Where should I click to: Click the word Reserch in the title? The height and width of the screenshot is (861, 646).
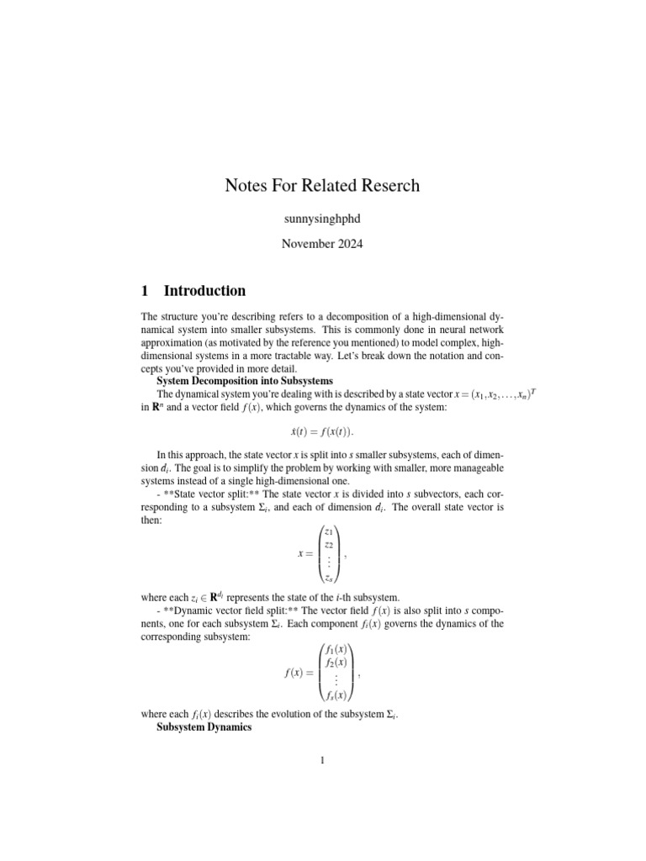pos(384,185)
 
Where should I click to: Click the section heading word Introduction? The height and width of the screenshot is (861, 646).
pos(204,291)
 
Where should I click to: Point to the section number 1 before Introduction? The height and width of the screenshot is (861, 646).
pos(145,291)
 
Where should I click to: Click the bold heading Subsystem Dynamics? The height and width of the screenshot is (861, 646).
pos(204,726)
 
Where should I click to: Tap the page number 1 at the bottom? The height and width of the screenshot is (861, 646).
pos(322,762)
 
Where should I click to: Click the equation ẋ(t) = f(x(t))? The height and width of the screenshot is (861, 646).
pos(322,431)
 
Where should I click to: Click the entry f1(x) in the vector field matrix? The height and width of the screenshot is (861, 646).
pos(336,649)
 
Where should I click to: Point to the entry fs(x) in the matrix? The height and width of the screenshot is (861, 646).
pos(336,695)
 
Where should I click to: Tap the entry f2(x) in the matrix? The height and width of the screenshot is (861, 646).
pos(336,663)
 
